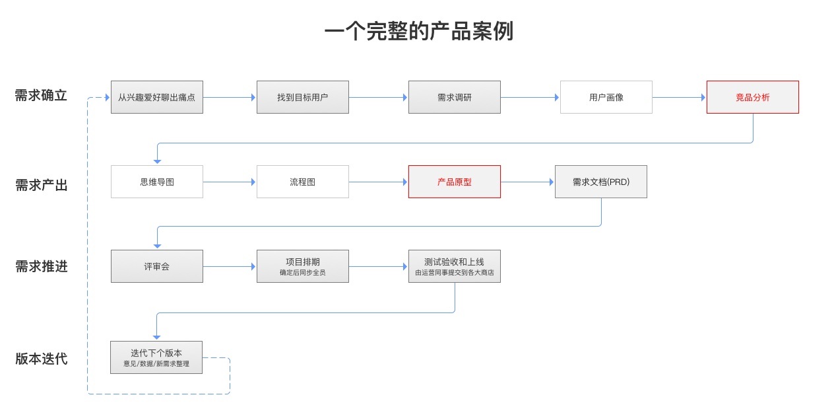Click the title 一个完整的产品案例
coord(418,32)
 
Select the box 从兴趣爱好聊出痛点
coord(157,97)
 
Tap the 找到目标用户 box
coord(302,97)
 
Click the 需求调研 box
coord(454,97)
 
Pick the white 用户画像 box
coord(606,97)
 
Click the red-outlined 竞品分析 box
coord(752,97)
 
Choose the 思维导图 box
coord(157,182)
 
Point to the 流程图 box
coord(302,182)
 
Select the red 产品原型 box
coord(454,182)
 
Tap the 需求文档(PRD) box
coord(600,182)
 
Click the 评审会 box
coord(157,266)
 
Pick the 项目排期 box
coord(302,266)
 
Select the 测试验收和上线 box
coord(454,266)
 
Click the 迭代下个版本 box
coord(156,357)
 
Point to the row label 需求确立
coord(41,96)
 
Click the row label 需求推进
coord(41,267)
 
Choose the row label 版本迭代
coord(41,359)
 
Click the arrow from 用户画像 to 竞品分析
coord(679,97)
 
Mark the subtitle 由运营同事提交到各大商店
coord(454,272)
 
